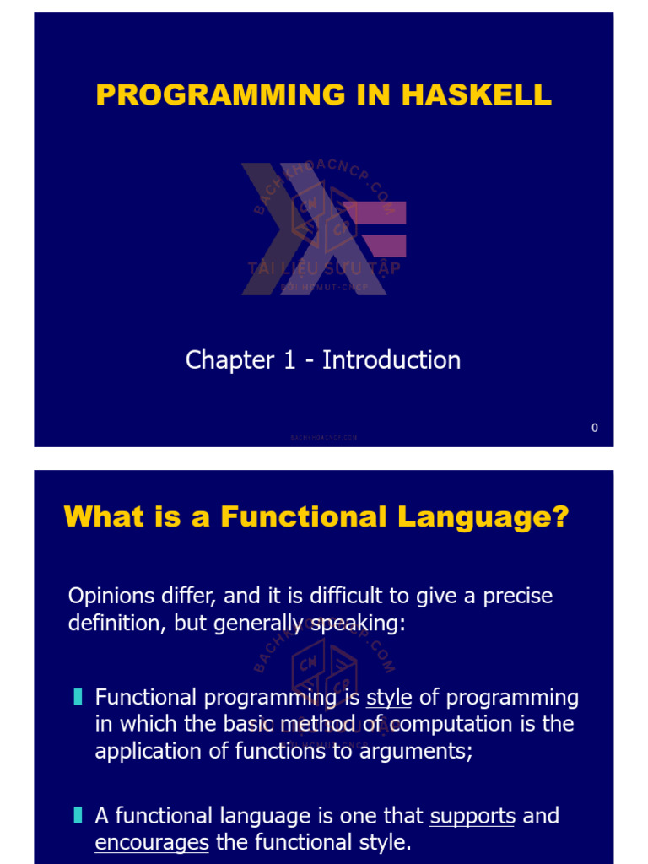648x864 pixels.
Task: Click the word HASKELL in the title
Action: pos(477,94)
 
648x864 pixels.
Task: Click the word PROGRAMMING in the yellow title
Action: pos(221,94)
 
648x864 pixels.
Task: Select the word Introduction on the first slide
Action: pos(391,360)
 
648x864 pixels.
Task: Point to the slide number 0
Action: pos(595,428)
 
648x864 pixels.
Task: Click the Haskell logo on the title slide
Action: pos(324,228)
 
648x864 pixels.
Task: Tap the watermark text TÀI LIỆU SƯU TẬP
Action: pos(324,268)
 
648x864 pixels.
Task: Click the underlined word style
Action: pos(389,698)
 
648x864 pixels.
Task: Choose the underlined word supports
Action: pos(472,816)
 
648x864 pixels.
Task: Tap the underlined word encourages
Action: pos(152,843)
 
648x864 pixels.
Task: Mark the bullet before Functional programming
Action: pos(78,697)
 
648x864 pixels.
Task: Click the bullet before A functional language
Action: pos(78,815)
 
